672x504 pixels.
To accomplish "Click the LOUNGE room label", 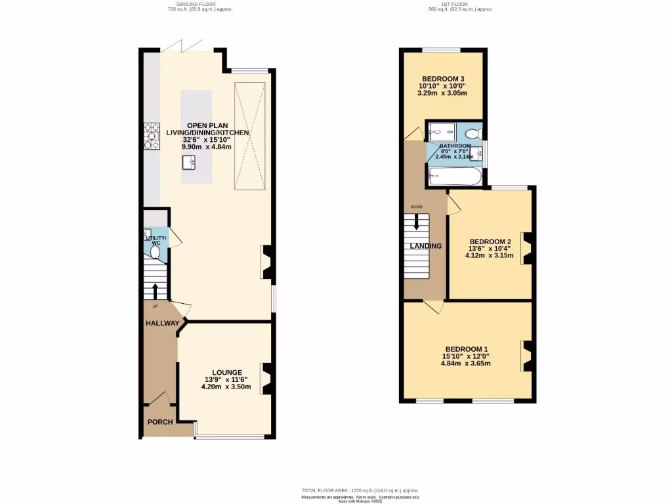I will point(226,372).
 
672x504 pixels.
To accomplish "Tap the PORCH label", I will point(159,422).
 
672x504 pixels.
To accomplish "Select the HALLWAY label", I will point(162,324).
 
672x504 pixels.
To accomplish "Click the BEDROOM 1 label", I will point(466,348).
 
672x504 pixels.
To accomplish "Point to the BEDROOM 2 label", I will point(490,241).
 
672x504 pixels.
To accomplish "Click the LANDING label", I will point(426,246).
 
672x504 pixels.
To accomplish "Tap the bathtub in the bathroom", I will point(455,177).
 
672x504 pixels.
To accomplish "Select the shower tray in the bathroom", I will point(437,131).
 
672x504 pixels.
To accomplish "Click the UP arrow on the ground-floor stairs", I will point(155,290).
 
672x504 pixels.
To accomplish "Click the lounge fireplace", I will point(267,379).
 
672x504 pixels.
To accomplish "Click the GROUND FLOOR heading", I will point(201,5).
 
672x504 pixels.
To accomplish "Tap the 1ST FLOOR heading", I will point(460,5).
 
